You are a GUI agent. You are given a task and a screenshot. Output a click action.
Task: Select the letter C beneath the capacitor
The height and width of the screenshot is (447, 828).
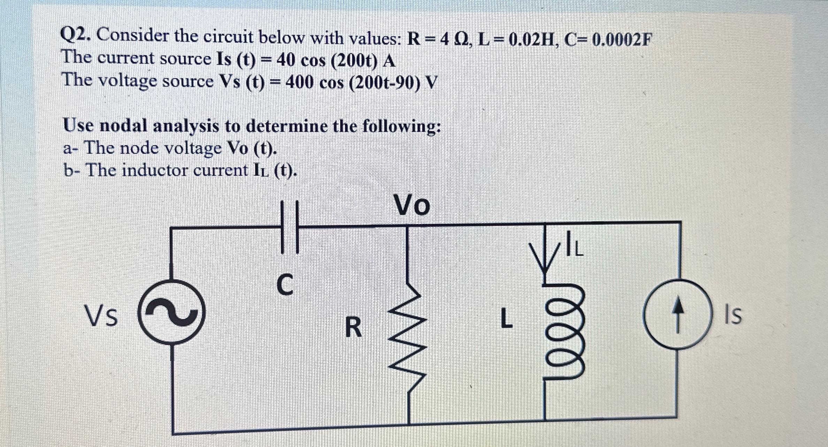(x=285, y=284)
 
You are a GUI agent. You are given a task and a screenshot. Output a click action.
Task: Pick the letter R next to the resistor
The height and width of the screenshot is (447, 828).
(x=353, y=328)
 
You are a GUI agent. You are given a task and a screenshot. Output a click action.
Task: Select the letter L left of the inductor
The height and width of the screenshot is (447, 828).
(x=506, y=319)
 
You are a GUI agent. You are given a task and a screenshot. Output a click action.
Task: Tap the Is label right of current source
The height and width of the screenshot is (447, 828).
(x=734, y=316)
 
